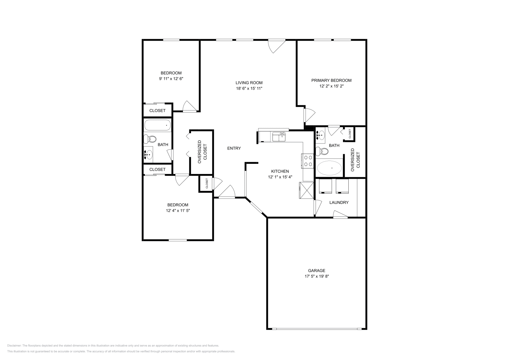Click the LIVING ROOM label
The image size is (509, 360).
coord(249,83)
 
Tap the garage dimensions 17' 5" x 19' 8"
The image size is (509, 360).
coord(316,276)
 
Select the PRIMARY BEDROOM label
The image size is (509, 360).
coord(331,80)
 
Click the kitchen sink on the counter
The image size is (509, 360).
coord(279,137)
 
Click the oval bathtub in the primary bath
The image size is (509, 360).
coord(329,168)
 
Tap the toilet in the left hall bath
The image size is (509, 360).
coord(150,139)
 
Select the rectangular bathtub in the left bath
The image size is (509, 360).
coord(157,125)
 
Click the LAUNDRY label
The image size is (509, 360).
coord(339,203)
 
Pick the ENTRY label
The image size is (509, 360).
coord(234,148)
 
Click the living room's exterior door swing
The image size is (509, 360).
coord(275,46)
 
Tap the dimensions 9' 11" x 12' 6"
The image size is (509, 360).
coord(171,79)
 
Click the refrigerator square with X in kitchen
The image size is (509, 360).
coord(306,190)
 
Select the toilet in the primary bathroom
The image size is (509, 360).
coord(322,151)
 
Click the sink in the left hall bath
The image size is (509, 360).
coord(148,155)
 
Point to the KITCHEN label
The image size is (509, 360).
coord(280,171)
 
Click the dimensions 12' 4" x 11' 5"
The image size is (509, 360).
coord(178,211)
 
